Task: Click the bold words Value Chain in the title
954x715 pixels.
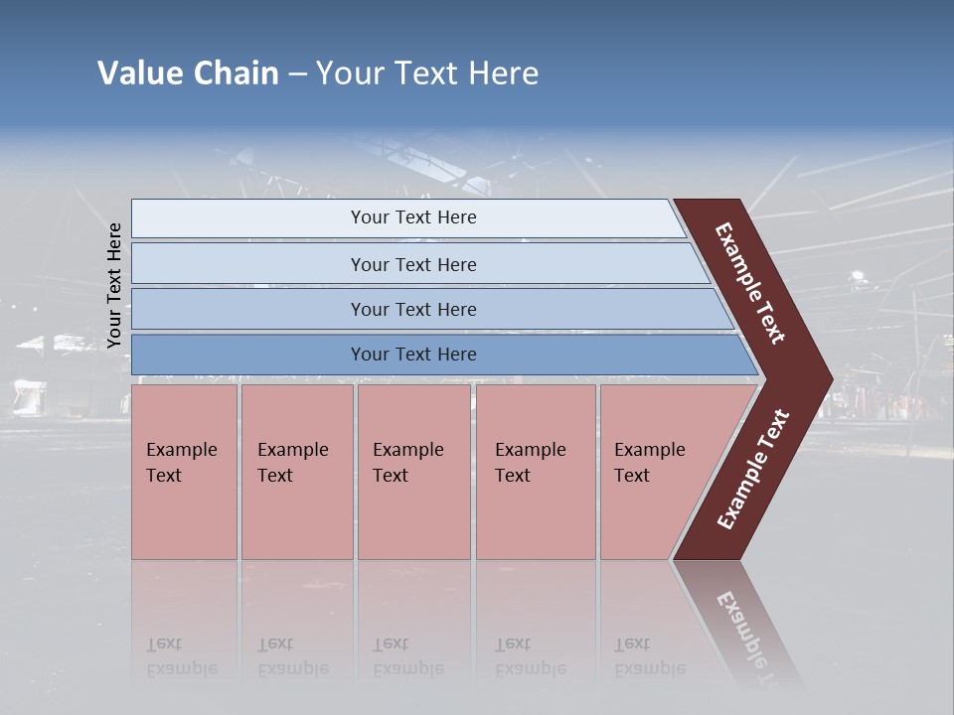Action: (188, 72)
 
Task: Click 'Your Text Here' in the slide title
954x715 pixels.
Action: (427, 72)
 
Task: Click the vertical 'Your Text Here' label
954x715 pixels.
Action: (114, 285)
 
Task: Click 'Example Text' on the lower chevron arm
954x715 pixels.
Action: (753, 470)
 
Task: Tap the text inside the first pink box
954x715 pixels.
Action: (181, 462)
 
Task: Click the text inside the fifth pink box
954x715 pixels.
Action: (649, 462)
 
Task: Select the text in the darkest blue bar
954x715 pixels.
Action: (413, 355)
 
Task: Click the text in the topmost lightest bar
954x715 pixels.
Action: (413, 217)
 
